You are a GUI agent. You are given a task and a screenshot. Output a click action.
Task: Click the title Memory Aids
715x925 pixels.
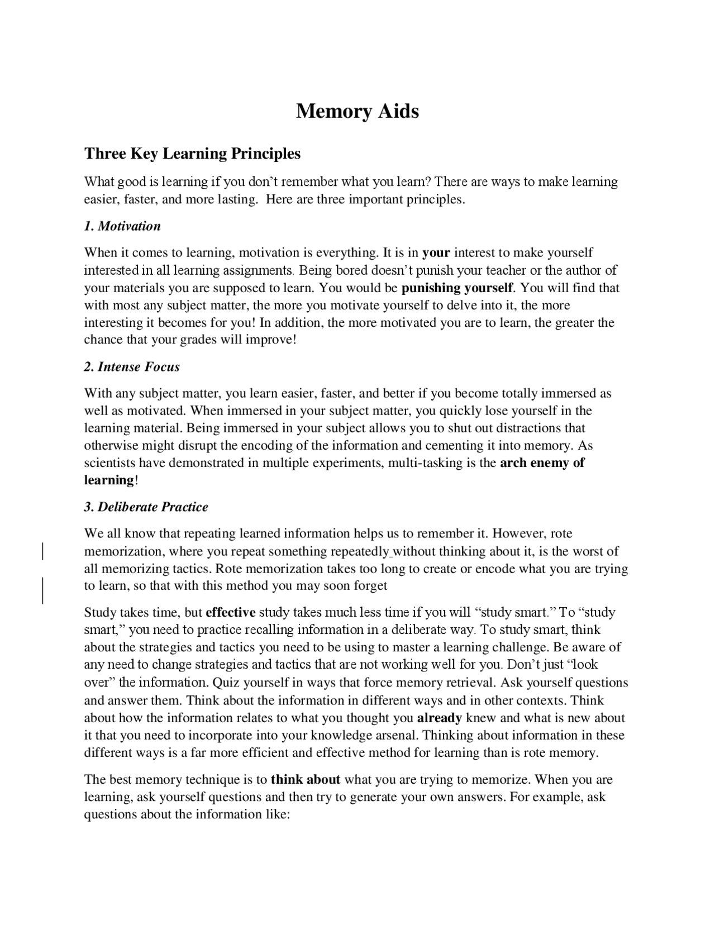(x=357, y=111)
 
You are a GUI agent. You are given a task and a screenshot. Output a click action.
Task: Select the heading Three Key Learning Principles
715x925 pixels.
(x=192, y=154)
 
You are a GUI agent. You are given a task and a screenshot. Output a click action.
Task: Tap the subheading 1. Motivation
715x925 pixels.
(x=122, y=226)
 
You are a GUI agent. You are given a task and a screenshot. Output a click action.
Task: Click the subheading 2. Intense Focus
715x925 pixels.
(x=132, y=367)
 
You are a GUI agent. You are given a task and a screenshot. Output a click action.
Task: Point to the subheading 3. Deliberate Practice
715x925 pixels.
(x=146, y=507)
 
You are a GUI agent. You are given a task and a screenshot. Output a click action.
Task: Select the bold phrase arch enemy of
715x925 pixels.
(x=542, y=463)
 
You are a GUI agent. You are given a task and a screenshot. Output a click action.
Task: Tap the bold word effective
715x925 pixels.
(x=231, y=612)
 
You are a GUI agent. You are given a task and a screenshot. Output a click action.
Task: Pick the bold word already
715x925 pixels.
(x=439, y=718)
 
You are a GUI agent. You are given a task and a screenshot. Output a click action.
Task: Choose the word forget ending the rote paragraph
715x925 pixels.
(x=370, y=586)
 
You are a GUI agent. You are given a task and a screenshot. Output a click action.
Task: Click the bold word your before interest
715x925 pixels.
(x=436, y=253)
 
